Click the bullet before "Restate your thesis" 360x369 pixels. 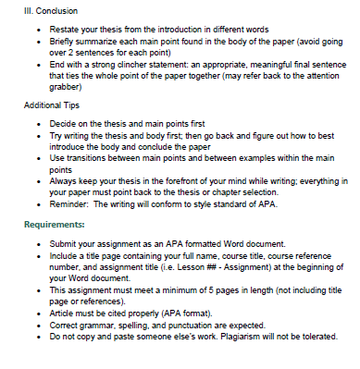point(36,30)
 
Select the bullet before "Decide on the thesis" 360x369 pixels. point(36,123)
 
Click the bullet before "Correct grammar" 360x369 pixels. point(36,326)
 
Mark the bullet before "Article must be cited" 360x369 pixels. point(36,314)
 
